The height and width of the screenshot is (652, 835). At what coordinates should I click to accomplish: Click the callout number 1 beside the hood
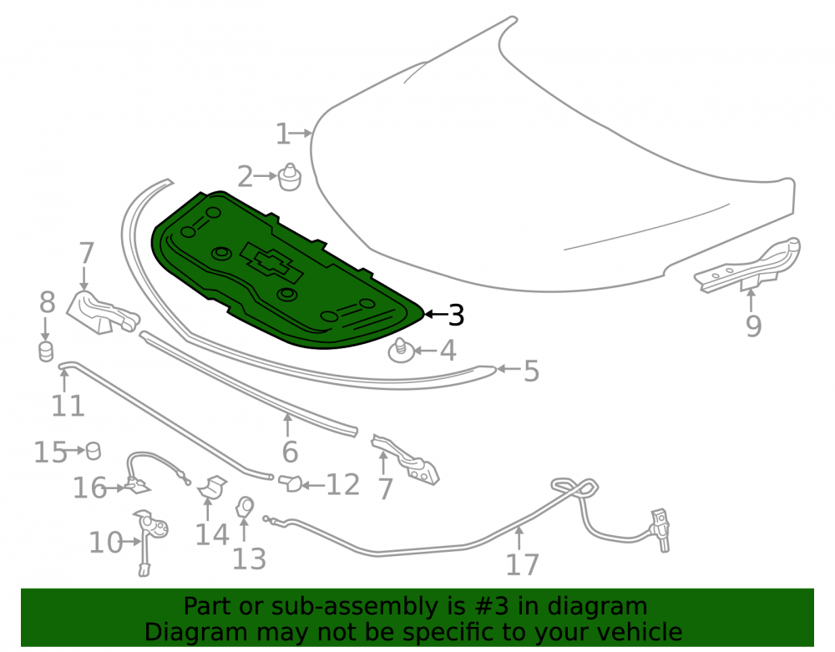point(283,134)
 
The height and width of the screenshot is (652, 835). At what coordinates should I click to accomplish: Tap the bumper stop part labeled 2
point(289,177)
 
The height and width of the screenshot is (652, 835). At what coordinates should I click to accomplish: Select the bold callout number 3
point(457,315)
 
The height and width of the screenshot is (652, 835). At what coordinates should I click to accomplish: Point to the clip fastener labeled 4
point(402,351)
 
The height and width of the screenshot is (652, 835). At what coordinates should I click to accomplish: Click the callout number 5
point(531,371)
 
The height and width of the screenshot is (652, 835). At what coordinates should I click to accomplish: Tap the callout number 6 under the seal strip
point(290,452)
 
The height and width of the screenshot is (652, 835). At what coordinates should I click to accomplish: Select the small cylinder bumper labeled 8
point(46,352)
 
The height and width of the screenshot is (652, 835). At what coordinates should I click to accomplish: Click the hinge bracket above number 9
point(747,265)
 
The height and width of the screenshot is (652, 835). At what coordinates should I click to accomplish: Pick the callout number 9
point(753,326)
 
